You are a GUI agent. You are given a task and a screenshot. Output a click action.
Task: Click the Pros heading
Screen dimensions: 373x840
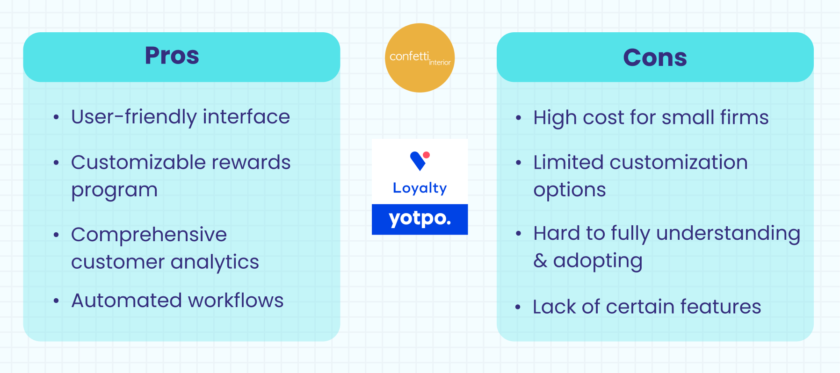[x=172, y=56]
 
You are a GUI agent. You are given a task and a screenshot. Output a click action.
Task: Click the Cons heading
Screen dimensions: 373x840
[x=655, y=57]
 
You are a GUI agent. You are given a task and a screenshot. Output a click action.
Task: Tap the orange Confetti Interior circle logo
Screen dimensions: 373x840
[x=420, y=58]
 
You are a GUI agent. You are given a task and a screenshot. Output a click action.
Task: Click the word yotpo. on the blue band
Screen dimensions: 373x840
[x=420, y=218]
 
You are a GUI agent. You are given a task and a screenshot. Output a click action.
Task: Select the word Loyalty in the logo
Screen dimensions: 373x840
[x=420, y=188]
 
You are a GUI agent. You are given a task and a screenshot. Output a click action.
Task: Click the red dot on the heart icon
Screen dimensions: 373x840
[x=426, y=155]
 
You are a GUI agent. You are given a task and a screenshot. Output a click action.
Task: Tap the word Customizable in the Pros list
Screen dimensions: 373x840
[x=138, y=162]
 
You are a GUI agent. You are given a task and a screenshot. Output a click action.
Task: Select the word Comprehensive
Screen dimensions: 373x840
[x=149, y=234]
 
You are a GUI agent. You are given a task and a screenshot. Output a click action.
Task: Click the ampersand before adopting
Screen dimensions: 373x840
[x=540, y=260]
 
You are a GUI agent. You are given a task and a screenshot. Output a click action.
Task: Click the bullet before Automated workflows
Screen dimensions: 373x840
[x=56, y=301]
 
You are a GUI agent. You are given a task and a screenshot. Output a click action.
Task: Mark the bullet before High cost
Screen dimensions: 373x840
[x=518, y=118]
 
